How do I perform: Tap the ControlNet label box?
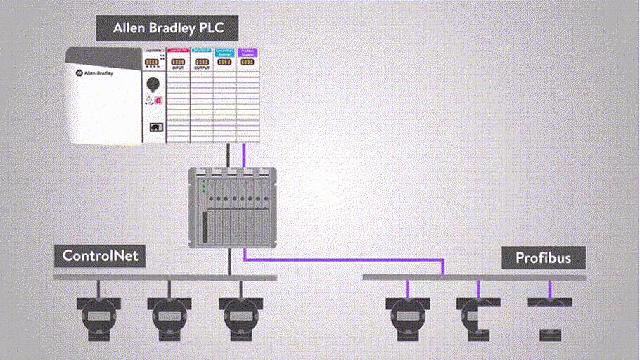coord(100,256)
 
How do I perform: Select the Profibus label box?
coord(542,258)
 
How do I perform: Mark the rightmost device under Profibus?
coord(549,316)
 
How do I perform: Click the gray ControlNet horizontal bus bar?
coord(165,278)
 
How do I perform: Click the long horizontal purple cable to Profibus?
coord(345,260)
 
